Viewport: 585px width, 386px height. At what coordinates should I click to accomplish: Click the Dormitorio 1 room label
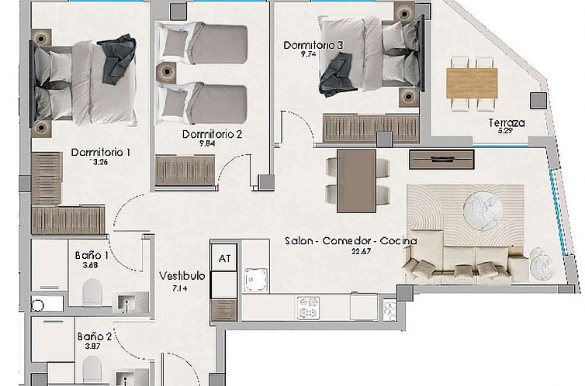99,153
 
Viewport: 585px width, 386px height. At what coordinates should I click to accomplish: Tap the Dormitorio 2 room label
213,134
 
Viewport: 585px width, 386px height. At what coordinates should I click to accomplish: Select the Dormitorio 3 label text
313,46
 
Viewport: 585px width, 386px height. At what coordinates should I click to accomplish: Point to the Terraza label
507,123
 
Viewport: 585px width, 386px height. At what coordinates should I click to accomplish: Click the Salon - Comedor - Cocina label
351,241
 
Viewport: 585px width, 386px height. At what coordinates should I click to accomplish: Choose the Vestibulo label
182,276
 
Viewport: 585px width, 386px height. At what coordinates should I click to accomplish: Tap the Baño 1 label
92,255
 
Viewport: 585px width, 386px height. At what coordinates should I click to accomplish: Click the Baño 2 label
95,337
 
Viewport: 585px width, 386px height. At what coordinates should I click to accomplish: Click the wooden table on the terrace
471,79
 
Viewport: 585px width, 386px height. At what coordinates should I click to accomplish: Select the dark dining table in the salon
357,180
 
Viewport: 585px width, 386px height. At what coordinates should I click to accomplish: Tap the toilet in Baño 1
92,294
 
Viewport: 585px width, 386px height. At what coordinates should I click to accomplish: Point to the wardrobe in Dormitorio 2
184,171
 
